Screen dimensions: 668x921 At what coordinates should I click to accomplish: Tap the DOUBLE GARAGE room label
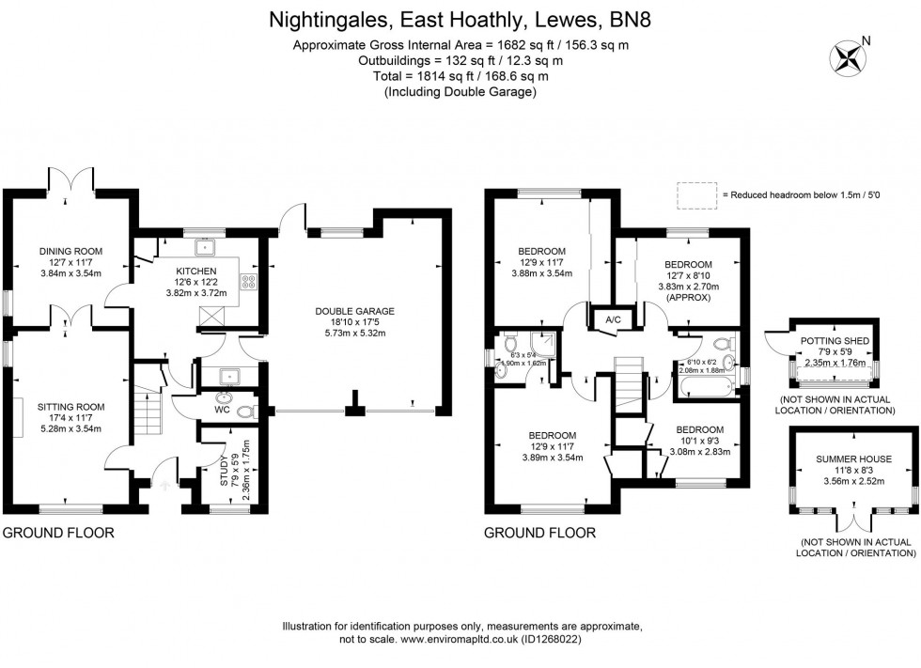354,311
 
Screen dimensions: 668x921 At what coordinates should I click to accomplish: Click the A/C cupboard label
613,319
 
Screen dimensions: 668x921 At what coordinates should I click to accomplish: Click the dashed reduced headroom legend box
695,194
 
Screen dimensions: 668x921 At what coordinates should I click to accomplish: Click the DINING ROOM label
70,251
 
